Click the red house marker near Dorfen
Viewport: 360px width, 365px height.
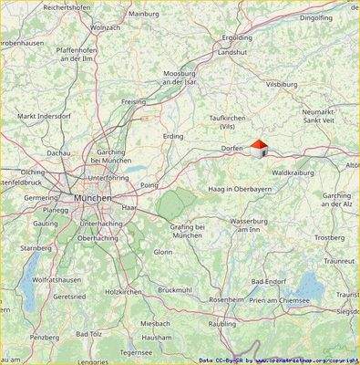(259, 148)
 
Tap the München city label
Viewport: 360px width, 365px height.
(94, 198)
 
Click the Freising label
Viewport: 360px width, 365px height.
(134, 102)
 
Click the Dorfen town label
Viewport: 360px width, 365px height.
(233, 148)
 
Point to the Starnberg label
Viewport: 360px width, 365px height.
(36, 247)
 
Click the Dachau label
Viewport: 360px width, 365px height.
(58, 153)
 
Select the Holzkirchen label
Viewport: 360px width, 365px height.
(124, 292)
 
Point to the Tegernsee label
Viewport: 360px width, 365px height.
(136, 351)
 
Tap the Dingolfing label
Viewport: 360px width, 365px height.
(342, 17)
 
